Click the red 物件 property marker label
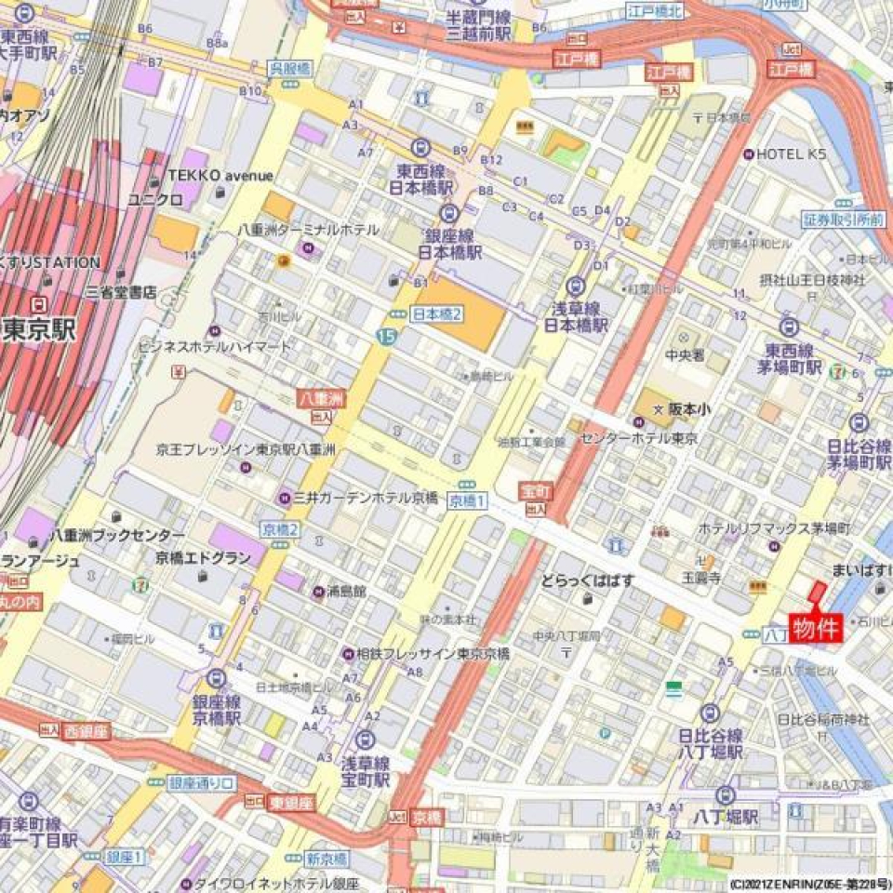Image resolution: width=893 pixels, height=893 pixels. [x=817, y=627]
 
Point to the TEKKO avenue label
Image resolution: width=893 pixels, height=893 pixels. [x=220, y=176]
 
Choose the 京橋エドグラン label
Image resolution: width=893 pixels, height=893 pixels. [x=203, y=558]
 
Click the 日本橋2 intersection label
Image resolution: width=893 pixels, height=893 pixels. [x=435, y=314]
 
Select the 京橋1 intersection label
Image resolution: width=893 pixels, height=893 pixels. [x=468, y=500]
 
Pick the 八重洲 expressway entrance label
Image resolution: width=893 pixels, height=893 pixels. [x=314, y=397]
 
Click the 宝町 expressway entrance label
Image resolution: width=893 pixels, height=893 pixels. [x=536, y=490]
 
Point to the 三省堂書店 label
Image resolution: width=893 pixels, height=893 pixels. [x=120, y=292]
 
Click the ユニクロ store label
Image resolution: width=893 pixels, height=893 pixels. [x=154, y=199]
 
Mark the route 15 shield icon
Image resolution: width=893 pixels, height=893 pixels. [x=386, y=335]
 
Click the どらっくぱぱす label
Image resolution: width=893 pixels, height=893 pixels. [x=589, y=581]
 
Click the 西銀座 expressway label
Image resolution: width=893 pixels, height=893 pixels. [x=87, y=732]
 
